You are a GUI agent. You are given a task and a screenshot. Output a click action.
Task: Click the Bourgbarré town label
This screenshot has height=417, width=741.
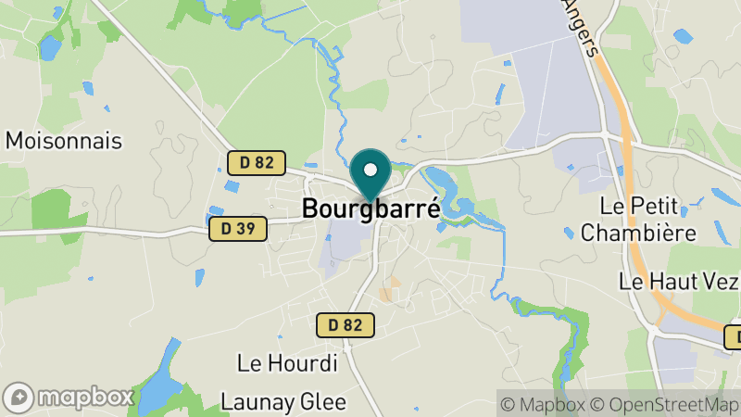pos(371,207)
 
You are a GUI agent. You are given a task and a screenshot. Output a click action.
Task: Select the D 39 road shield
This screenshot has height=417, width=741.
pos(238,228)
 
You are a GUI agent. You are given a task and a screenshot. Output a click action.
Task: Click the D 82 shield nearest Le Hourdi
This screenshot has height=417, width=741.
pos(345,324)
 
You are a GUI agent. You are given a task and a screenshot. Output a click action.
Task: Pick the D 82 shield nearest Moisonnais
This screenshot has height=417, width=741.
pos(257,162)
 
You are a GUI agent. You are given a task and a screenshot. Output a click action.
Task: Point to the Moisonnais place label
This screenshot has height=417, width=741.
pos(64,141)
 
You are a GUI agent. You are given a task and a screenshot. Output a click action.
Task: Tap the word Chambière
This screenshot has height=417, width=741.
pos(638,232)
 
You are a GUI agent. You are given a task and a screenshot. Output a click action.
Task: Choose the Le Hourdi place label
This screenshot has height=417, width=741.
pos(287,363)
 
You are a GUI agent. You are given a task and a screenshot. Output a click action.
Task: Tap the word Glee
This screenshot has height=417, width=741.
pos(325,401)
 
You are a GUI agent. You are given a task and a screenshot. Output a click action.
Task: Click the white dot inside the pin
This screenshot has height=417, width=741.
pos(370,170)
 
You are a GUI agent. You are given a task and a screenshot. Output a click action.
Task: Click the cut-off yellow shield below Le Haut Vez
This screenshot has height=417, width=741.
pos(733,336)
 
